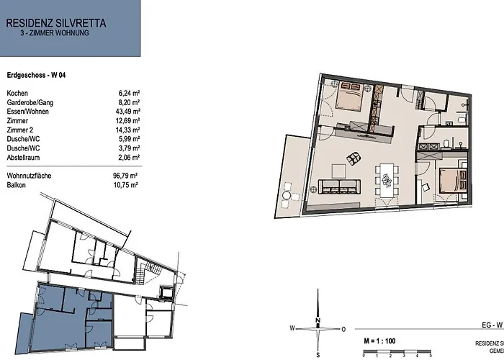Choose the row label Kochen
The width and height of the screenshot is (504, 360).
pos(17,94)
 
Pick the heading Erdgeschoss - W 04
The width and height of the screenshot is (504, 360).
pos(37,75)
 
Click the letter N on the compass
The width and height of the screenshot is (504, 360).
pos(318,320)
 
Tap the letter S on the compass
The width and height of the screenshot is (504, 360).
pos(318,354)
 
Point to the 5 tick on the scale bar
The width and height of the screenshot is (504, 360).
pos(431,355)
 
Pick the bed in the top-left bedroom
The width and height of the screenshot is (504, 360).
pos(350,95)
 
